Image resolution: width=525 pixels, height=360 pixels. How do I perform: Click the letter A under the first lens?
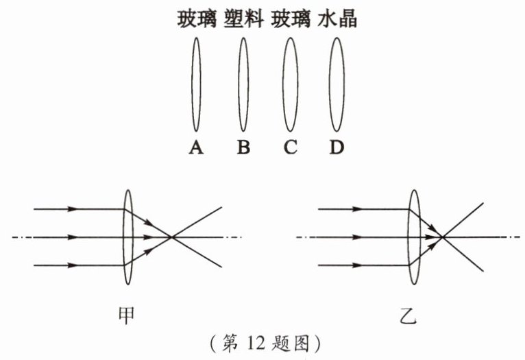tap(196, 147)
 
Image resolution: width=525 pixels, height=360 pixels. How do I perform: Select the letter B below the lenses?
tap(243, 147)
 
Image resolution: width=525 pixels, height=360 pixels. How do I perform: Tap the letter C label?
tap(290, 147)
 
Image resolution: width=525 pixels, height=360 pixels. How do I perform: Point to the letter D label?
tap(337, 147)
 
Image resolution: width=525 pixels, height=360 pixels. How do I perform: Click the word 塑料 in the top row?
tap(243, 19)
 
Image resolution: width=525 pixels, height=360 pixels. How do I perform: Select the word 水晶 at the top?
tap(337, 19)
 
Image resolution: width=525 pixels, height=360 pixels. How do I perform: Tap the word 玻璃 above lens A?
tap(197, 19)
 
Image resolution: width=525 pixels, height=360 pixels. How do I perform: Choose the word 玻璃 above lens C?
tap(291, 19)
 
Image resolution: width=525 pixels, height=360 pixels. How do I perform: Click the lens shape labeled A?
tap(192, 84)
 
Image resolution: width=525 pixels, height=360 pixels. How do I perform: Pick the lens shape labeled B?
tap(239, 84)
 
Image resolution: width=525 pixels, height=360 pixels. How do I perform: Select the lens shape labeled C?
tap(283, 84)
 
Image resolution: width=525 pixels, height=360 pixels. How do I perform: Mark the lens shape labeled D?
tap(330, 84)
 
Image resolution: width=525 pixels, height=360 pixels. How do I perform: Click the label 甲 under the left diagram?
tap(127, 315)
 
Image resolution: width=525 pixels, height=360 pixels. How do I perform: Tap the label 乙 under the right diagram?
tap(408, 315)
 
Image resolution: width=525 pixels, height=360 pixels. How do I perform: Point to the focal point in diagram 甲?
tap(172, 237)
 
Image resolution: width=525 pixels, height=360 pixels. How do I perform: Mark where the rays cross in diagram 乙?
tap(443, 237)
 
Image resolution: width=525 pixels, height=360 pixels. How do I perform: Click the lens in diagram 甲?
tap(123, 237)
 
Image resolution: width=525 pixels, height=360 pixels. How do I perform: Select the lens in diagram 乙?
tap(408, 237)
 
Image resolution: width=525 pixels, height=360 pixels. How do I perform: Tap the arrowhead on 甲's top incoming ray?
tap(73, 209)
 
